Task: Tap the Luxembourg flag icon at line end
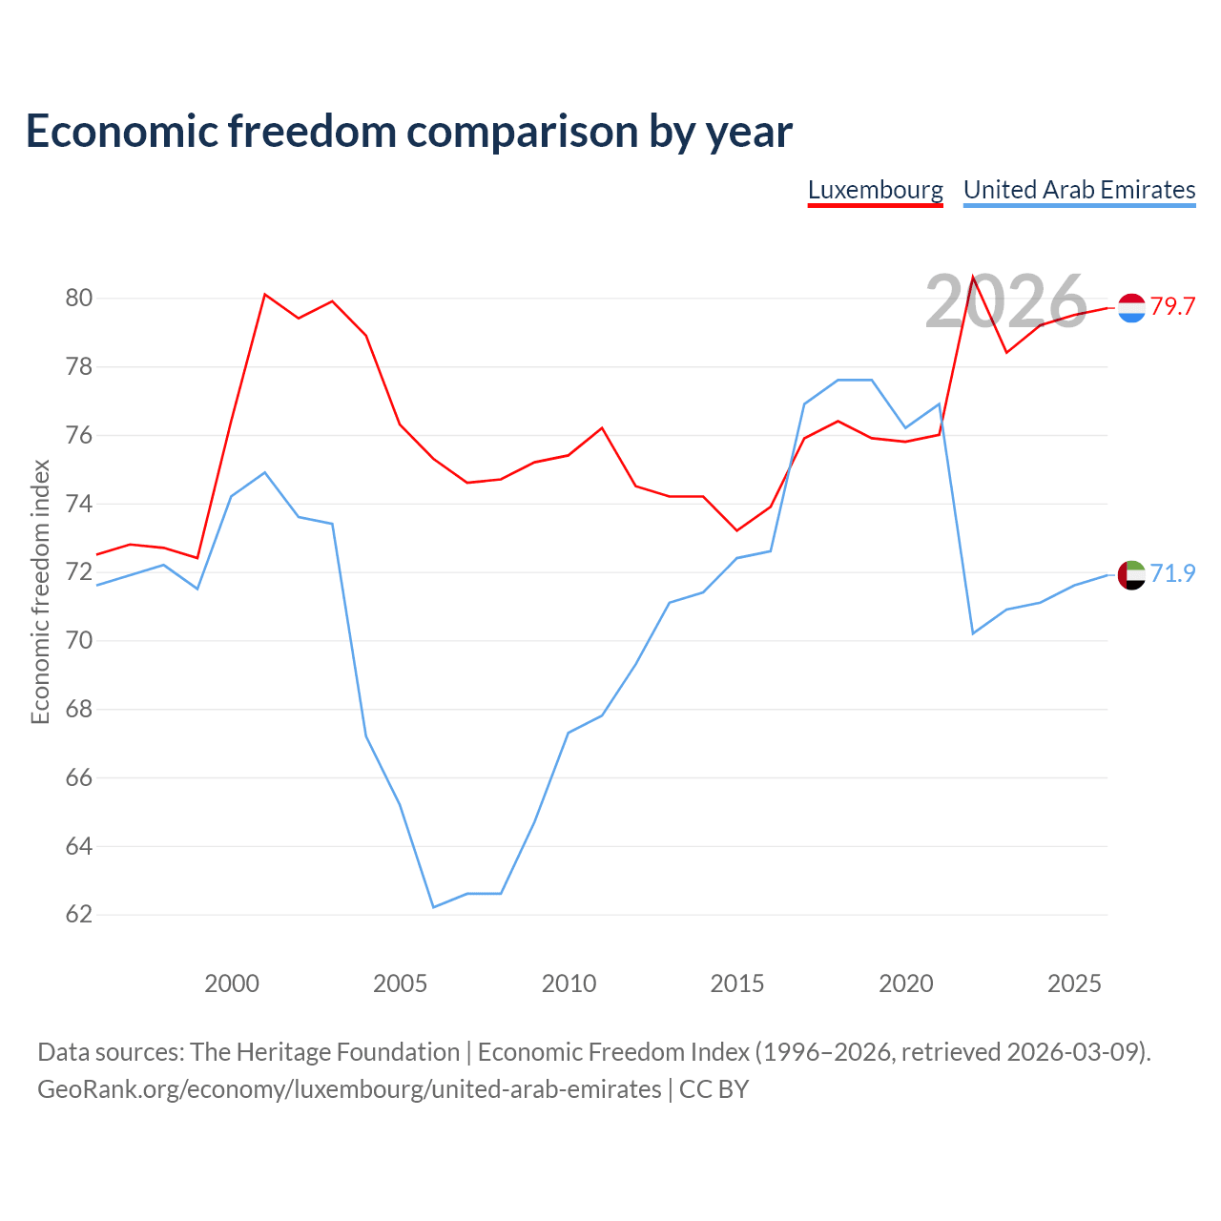(1131, 308)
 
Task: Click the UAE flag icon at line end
(1131, 574)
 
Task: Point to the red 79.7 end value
(1173, 306)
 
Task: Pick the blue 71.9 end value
(1173, 573)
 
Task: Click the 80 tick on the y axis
(78, 298)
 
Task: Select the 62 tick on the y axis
(78, 915)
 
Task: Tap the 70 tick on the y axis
(78, 641)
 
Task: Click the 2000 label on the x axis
(231, 983)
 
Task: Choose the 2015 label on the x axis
(737, 983)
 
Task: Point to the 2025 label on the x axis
(1074, 983)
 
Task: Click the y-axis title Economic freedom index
(40, 591)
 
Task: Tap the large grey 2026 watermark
(1006, 301)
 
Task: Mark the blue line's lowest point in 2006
(433, 907)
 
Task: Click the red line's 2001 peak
(265, 295)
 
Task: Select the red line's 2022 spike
(973, 277)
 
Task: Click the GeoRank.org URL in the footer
(349, 1089)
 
